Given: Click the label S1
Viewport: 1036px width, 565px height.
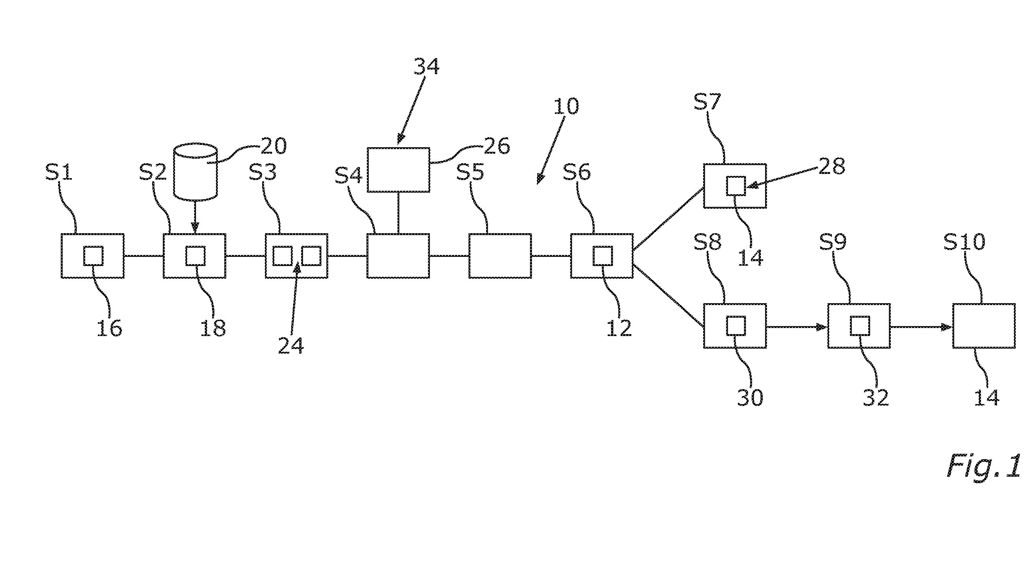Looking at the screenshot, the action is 59,173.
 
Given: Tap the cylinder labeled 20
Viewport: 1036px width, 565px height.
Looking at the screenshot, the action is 195,171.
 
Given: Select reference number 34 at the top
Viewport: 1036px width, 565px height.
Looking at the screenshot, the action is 427,67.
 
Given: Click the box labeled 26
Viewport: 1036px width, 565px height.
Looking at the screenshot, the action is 398,169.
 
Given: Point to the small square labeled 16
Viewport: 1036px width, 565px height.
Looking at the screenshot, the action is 93,256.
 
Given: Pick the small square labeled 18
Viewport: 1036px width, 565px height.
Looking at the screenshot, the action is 195,256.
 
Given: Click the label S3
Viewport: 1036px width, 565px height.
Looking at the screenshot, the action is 262,173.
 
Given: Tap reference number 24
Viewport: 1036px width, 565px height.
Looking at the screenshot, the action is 291,346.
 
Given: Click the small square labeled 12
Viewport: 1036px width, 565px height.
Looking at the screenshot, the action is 603,256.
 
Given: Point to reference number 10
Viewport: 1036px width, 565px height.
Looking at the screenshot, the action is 566,106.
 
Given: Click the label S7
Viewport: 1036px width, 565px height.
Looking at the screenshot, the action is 707,102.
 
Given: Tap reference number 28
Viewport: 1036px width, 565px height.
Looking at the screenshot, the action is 832,166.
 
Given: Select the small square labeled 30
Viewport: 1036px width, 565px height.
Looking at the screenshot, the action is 736,326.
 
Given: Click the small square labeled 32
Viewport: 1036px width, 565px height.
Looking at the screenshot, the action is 860,326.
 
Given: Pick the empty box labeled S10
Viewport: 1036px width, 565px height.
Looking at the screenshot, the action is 984,326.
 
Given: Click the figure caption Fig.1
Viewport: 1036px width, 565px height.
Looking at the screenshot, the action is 984,466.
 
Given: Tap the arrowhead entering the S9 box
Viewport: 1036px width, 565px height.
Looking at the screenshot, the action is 822,327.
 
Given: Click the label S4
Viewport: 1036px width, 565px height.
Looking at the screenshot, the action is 348,176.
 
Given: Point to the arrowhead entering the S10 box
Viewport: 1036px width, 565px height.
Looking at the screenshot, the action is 946,327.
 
